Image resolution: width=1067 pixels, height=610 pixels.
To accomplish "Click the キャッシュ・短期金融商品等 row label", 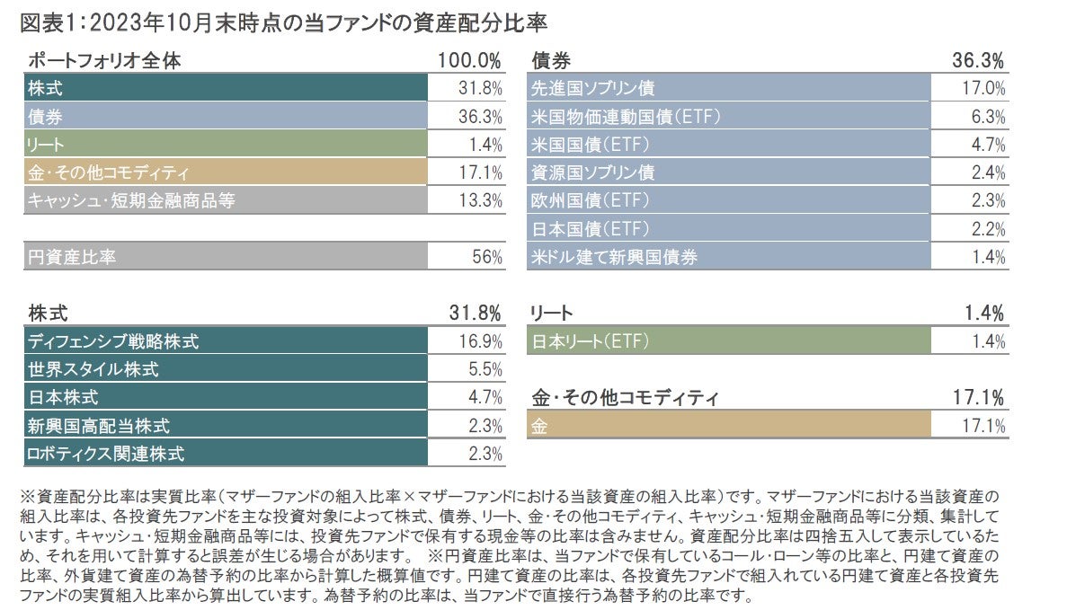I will pyautogui.click(x=131, y=200).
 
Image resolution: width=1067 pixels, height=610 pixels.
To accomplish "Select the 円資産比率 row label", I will pyautogui.click(x=71, y=257).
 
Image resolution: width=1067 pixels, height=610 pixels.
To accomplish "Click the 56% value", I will pyautogui.click(x=488, y=257).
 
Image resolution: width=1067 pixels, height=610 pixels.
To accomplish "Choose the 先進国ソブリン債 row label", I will pyautogui.click(x=593, y=88).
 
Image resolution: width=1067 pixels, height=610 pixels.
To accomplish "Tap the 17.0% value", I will pyautogui.click(x=983, y=88).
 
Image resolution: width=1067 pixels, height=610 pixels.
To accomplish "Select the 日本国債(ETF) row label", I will pyautogui.click(x=591, y=228).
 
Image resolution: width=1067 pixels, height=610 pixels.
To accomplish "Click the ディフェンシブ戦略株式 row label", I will pyautogui.click(x=113, y=341).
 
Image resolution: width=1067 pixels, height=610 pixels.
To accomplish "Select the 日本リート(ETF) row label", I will pyautogui.click(x=590, y=341).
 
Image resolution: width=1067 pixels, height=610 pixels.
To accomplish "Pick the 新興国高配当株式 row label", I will pyautogui.click(x=99, y=425).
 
